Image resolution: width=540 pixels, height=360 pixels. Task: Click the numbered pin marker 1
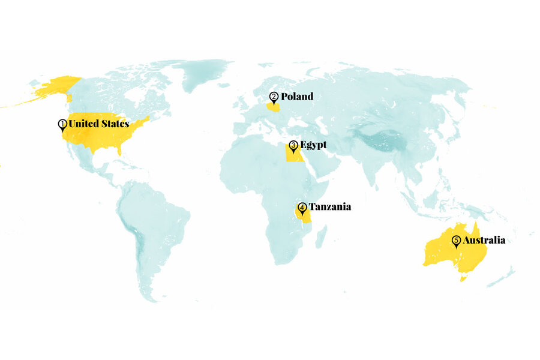click(x=62, y=124)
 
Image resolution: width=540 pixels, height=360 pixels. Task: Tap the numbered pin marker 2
click(x=274, y=97)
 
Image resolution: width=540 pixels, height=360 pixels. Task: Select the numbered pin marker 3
click(x=293, y=145)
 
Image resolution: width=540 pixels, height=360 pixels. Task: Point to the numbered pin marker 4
click(x=302, y=208)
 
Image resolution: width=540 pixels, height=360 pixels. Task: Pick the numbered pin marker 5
click(x=457, y=241)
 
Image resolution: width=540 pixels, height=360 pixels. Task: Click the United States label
click(x=98, y=124)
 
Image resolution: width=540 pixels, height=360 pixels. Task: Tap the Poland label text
click(x=297, y=97)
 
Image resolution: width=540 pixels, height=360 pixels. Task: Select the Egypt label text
click(x=313, y=145)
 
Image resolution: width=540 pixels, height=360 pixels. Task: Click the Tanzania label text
click(x=329, y=207)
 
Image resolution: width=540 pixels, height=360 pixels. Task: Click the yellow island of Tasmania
click(x=463, y=278)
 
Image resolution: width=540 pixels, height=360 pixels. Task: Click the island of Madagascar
click(x=321, y=236)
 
